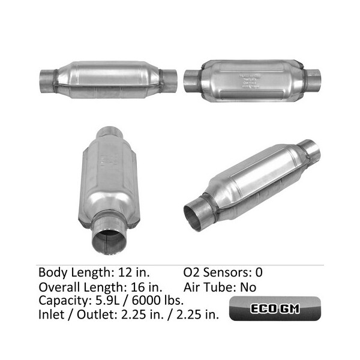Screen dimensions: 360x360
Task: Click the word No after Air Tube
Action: [x=248, y=286]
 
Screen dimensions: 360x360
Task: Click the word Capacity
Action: [x=65, y=300]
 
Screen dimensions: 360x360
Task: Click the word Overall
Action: [x=61, y=286]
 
